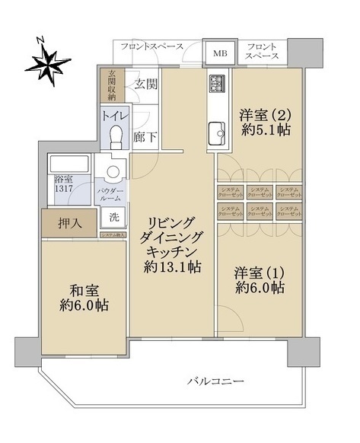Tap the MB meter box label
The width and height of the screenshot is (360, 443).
point(219,53)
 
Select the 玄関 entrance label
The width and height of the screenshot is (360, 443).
point(145,84)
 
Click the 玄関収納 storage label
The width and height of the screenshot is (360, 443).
point(111,84)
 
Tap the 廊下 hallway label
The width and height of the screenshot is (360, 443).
point(142,138)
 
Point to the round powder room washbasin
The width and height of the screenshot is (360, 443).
point(113,172)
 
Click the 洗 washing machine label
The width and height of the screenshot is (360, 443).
point(113,216)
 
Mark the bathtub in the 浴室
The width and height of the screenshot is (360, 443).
point(68,165)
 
